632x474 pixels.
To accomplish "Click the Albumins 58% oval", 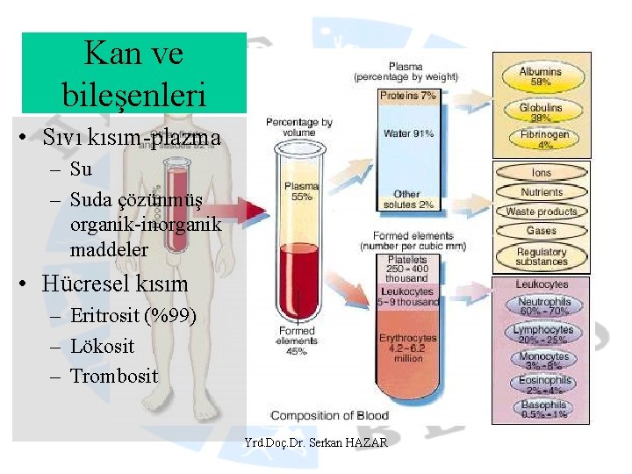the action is click(541, 75).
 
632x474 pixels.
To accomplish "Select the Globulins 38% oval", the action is click(541, 111).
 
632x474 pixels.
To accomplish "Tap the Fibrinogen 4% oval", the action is click(541, 140).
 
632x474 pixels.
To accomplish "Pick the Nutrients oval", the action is click(541, 192).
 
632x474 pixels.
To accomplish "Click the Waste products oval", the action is click(541, 212).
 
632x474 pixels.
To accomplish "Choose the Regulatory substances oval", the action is click(541, 256).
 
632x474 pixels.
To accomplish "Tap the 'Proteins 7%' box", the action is click(408, 96).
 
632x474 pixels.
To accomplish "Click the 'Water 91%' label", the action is click(408, 133).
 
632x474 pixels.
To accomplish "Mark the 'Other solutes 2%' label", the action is click(408, 199).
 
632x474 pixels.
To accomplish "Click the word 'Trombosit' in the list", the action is click(114, 377).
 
